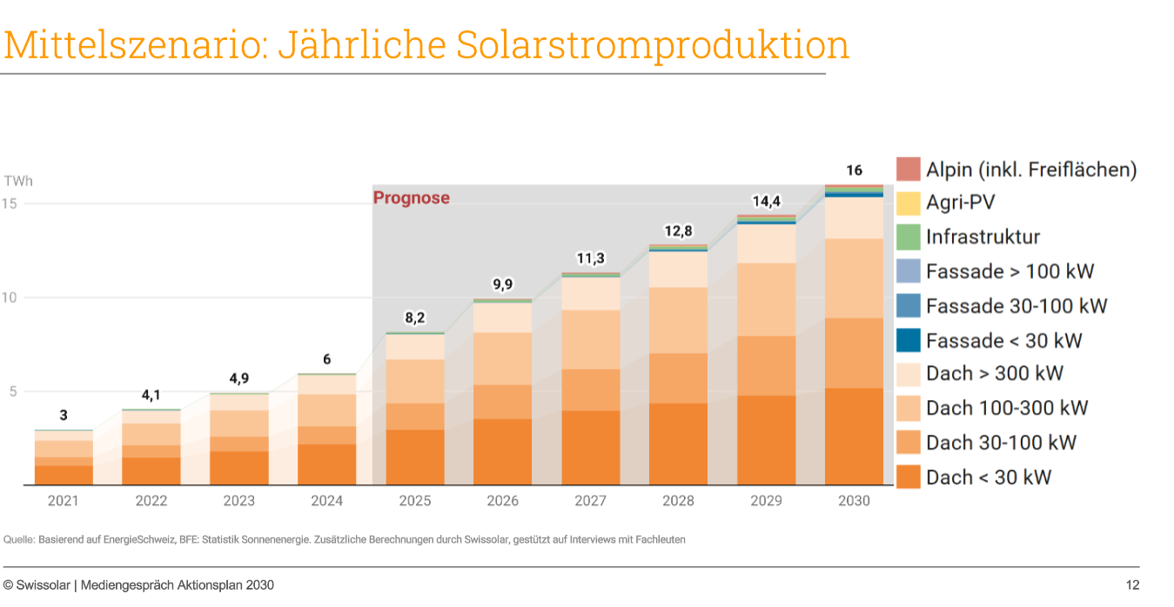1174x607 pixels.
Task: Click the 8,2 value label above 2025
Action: [414, 317]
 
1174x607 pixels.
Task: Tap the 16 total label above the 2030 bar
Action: [855, 170]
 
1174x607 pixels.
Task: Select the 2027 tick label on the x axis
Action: [590, 501]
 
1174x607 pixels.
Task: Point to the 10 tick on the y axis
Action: [9, 297]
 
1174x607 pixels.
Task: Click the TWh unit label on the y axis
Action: [18, 181]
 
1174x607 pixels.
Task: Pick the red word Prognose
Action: [412, 198]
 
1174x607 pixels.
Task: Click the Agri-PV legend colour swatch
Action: [909, 203]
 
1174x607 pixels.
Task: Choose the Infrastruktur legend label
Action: [983, 237]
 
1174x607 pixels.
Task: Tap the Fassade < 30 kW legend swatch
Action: [909, 340]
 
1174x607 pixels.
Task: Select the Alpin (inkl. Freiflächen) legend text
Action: [1031, 170]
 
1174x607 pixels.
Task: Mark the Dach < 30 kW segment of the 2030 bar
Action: [854, 437]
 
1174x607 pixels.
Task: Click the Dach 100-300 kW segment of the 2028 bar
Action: [678, 321]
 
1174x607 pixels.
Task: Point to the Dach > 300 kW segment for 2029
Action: [766, 243]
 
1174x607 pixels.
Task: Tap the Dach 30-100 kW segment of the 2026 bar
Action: [503, 403]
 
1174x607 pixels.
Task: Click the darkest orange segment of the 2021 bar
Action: [64, 476]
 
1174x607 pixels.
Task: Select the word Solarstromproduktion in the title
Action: [653, 45]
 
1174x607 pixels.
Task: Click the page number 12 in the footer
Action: [1132, 585]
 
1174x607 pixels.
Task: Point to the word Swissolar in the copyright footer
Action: [43, 585]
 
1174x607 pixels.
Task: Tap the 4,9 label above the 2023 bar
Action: [239, 378]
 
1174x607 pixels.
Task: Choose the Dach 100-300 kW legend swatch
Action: [909, 409]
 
